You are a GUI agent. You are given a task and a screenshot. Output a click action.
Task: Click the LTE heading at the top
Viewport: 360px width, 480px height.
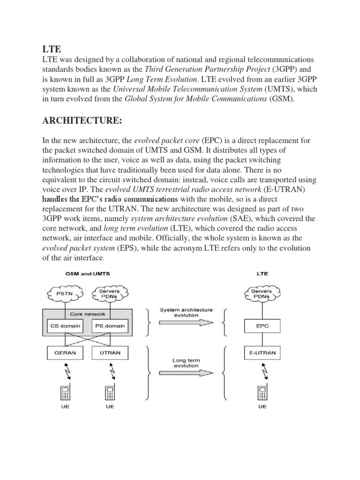(51, 49)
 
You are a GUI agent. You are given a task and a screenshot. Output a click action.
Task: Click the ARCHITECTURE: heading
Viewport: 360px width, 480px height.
(83, 121)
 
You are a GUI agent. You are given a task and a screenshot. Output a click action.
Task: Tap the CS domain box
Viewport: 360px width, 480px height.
(65, 326)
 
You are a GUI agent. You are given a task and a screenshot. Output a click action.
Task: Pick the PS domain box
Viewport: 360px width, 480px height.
(110, 326)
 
